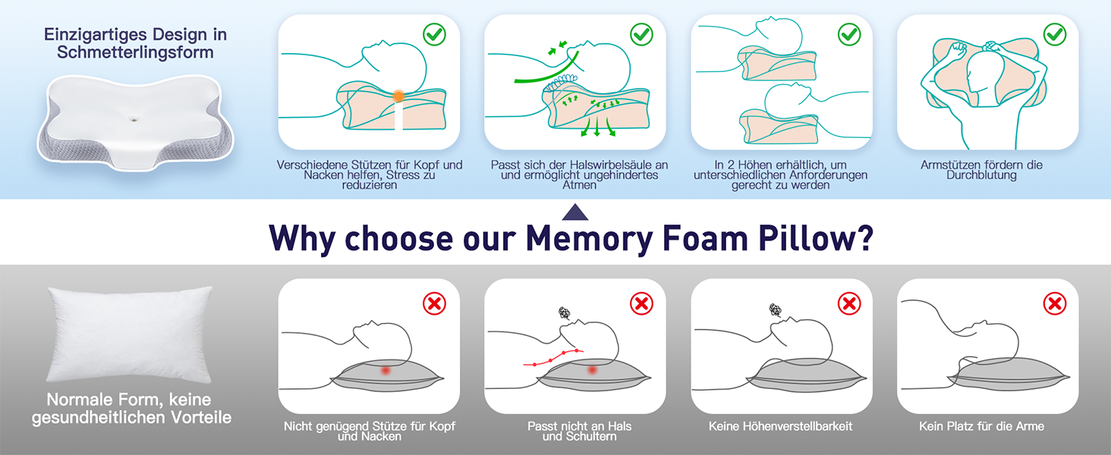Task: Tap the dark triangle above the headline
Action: [575, 212]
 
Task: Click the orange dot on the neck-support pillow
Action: [398, 96]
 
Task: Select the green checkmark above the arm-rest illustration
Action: [1054, 34]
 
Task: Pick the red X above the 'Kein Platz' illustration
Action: [1054, 303]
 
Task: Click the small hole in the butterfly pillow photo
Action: [133, 119]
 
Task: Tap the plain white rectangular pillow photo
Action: [130, 334]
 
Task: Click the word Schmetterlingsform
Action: [135, 52]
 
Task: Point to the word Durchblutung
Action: [981, 175]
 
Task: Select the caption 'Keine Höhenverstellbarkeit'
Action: [780, 426]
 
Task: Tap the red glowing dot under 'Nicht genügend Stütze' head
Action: [386, 370]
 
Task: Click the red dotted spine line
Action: [553, 359]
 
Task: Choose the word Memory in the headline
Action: [589, 239]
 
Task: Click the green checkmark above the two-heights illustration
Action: [849, 34]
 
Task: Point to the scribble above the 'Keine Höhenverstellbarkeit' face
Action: [775, 310]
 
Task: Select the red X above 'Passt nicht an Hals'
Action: [641, 303]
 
